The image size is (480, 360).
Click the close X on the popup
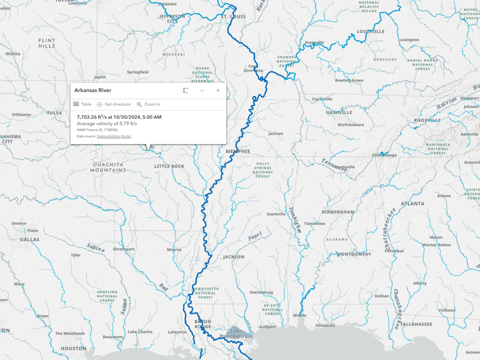pos(218,91)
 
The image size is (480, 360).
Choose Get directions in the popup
pos(114,104)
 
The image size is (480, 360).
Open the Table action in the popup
pos(82,104)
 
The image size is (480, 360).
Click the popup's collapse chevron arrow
pos(202,91)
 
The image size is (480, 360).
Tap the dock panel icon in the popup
pos(186,91)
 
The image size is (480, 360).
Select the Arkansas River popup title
pos(92,91)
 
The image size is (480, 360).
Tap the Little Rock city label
pos(169,166)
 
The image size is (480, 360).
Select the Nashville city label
pos(339,112)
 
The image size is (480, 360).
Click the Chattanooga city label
pos(384,155)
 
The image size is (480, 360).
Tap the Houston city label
pos(73,348)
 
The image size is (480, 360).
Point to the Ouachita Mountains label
pos(108,167)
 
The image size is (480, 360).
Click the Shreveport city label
pos(124,248)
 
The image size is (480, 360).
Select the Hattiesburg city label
pos(261,292)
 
